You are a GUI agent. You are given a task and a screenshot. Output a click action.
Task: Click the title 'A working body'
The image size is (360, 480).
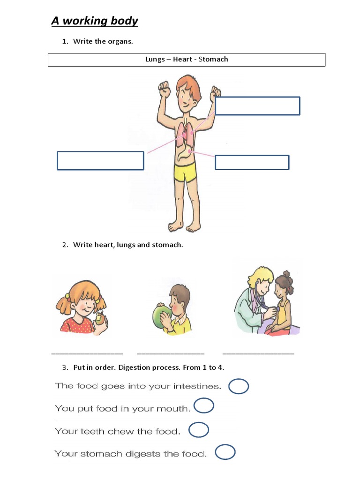coord(95,21)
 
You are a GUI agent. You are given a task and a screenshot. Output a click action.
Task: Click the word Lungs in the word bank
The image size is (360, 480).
coord(155,60)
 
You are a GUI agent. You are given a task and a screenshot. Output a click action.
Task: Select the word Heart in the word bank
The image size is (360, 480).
coord(182,59)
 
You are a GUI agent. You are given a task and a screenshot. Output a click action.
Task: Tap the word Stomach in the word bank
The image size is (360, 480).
coord(213,59)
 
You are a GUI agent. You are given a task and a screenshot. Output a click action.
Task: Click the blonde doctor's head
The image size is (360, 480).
coord(261,280)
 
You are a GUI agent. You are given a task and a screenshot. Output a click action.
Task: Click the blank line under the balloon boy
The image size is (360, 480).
coord(171,354)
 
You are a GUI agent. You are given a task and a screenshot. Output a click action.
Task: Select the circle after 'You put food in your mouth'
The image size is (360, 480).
coord(204,398)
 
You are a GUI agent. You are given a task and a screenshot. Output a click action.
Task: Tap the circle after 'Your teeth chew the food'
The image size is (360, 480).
coord(199,423)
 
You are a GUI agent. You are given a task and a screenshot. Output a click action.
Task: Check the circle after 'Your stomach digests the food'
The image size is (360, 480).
coord(225,445)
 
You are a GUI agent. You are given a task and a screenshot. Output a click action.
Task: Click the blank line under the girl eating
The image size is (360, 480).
coord(87,354)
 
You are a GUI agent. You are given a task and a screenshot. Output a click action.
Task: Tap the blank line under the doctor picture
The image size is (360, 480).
coord(258,354)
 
